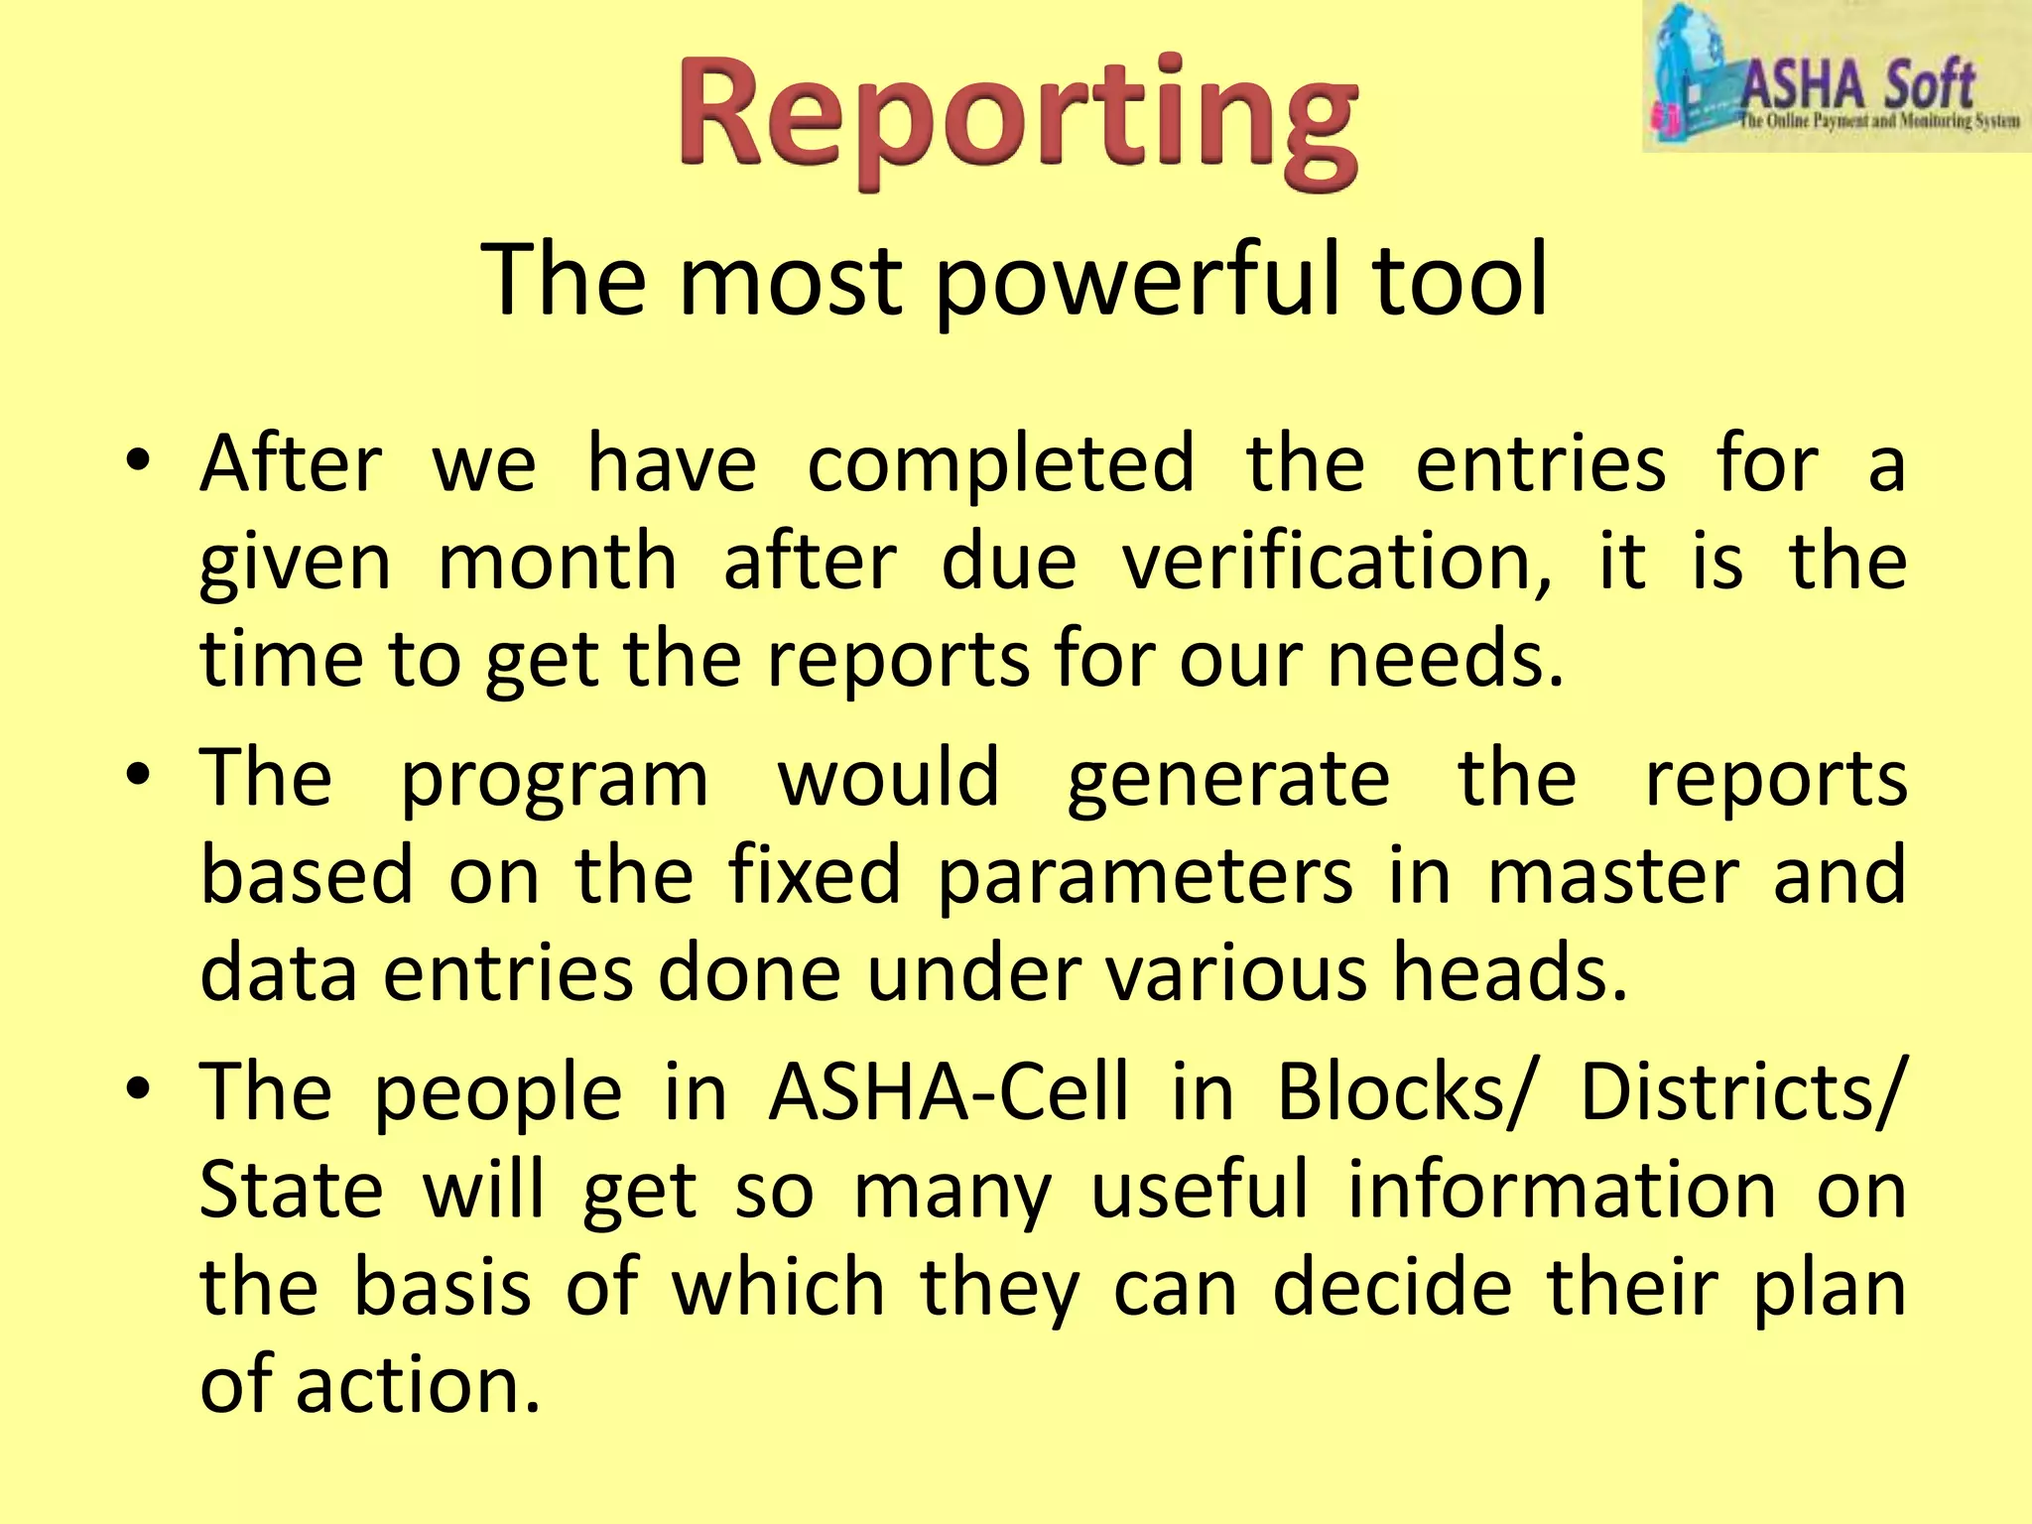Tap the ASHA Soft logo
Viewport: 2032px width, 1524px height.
[1836, 77]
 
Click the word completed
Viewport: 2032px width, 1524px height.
[1000, 464]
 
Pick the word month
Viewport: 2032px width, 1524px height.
[558, 562]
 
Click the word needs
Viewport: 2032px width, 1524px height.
[1445, 659]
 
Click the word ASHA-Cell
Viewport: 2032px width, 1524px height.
[949, 1092]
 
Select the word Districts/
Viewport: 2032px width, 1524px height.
[1742, 1092]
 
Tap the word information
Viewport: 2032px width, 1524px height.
[1562, 1190]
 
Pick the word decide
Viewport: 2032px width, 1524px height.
[1393, 1287]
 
